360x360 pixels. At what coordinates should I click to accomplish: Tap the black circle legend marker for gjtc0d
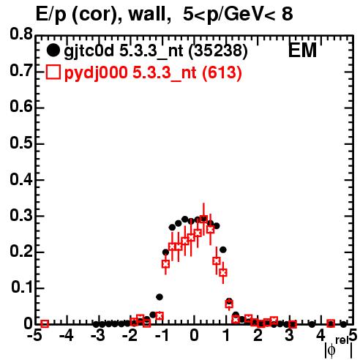point(53,50)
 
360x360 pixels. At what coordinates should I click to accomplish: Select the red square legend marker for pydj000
point(53,72)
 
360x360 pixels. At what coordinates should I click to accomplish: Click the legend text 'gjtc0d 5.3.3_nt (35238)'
point(156,51)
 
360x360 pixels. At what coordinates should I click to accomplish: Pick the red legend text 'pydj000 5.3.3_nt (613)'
point(153,72)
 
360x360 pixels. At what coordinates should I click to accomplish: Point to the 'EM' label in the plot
point(302,50)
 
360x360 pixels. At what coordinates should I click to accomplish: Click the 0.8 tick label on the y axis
point(21,34)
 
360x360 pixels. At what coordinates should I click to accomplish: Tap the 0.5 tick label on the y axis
point(21,143)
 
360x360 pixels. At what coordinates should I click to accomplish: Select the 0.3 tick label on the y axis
point(21,215)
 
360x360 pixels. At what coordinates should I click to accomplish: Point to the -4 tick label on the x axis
point(66,336)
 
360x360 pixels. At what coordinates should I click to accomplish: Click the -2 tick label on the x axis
point(130,336)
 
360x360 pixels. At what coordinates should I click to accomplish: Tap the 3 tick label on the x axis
point(290,336)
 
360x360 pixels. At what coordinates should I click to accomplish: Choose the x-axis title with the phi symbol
point(339,348)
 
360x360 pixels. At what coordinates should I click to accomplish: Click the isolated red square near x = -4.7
point(45,323)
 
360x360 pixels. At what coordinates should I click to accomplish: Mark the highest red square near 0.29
point(203,219)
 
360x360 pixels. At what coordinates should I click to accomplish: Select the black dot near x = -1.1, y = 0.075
point(160,297)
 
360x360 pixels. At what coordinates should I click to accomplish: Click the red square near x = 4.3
point(331,323)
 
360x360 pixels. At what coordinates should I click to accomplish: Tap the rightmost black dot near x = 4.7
point(343,324)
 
